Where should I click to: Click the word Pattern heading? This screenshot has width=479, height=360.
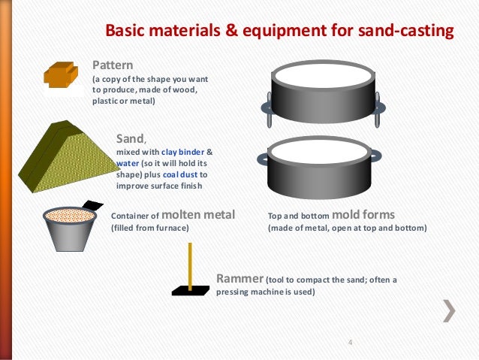click(x=112, y=64)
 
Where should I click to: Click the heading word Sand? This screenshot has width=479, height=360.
click(x=131, y=138)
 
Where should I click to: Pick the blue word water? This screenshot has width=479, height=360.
click(x=127, y=162)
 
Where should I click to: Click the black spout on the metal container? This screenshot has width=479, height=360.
click(x=92, y=205)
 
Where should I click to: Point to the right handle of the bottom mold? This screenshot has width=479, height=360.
click(x=375, y=156)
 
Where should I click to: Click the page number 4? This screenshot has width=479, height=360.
click(x=350, y=344)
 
